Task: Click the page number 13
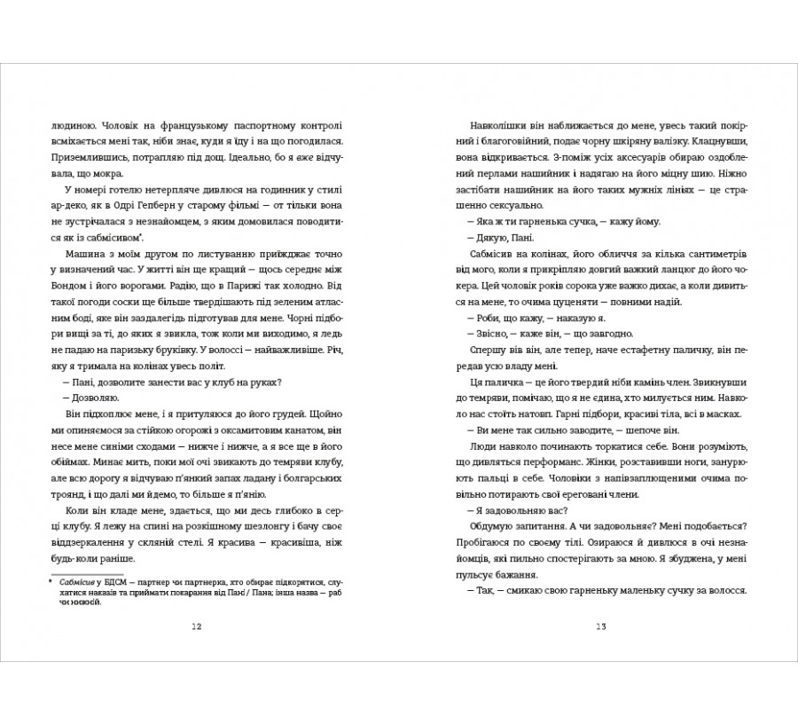point(601,626)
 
